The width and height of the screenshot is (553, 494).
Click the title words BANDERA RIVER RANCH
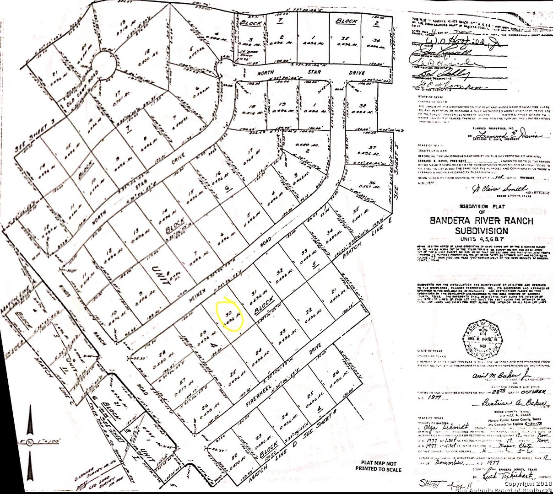coord(481,221)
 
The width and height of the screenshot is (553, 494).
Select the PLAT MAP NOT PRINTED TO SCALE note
coord(378,466)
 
